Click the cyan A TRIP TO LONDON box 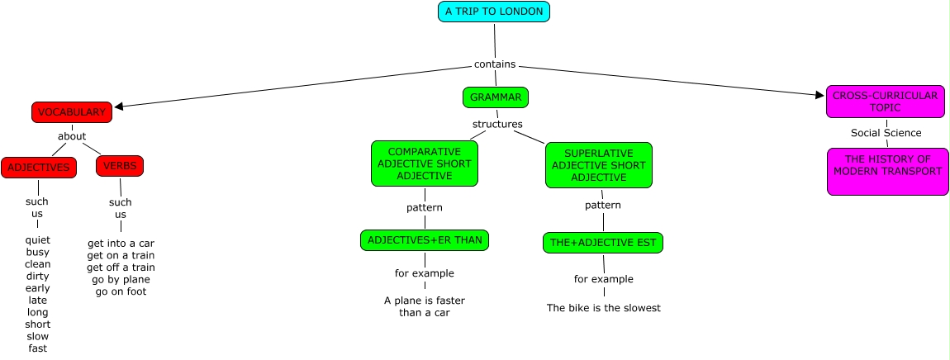(494, 12)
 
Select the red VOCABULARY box (72, 112)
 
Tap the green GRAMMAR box (496, 97)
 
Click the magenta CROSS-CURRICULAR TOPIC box (886, 102)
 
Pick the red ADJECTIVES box (39, 168)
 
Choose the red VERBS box (119, 166)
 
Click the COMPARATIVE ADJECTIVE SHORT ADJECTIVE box (424, 163)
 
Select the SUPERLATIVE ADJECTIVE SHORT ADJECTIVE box (599, 165)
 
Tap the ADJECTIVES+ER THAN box (424, 240)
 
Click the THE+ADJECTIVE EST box (603, 243)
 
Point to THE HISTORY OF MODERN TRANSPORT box (887, 172)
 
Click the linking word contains (495, 64)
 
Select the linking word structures (497, 124)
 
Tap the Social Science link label (886, 133)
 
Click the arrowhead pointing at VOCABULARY (119, 107)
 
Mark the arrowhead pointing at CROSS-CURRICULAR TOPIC (819, 95)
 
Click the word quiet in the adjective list (37, 240)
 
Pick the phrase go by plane (121, 279)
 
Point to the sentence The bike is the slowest (603, 308)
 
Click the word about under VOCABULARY (72, 135)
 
